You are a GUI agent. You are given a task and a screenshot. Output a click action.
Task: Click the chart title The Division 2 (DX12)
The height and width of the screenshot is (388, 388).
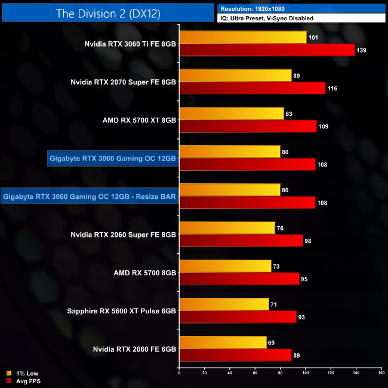(107, 13)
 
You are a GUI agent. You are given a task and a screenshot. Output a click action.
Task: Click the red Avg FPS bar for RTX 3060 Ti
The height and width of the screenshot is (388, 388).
(267, 50)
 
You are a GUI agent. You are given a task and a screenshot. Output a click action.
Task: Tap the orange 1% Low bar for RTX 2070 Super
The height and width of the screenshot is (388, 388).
(235, 75)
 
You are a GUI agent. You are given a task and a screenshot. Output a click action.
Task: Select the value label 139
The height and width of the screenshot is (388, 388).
(362, 50)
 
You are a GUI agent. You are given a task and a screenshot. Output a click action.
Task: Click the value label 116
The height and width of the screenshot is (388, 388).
(332, 88)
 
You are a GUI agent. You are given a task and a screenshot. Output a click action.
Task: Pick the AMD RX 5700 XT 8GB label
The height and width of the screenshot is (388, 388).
(139, 120)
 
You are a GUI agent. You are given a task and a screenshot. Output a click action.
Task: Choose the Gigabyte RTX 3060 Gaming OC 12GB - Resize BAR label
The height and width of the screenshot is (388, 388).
(90, 196)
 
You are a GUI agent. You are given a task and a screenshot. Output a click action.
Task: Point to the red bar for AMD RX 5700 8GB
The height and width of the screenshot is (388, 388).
(239, 279)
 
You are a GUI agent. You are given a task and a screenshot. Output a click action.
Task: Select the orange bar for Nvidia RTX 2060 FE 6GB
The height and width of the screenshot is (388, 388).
(223, 343)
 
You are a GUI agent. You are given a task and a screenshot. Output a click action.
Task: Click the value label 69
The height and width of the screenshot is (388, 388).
(272, 343)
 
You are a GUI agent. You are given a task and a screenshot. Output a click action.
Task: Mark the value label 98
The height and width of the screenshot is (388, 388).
(310, 241)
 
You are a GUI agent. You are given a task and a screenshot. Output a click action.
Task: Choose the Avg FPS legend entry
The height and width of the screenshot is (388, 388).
(23, 381)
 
